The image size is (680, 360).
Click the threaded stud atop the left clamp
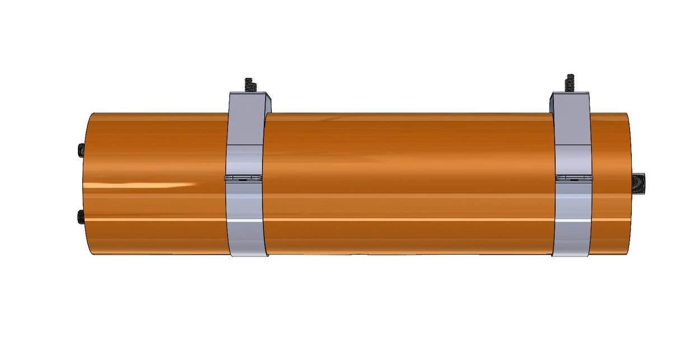[249, 85]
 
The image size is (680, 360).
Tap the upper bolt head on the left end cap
[80, 149]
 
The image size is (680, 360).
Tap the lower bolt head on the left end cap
[80, 217]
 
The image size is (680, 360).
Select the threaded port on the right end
[639, 184]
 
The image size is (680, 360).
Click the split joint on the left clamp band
[245, 178]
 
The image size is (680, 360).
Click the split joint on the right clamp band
[574, 177]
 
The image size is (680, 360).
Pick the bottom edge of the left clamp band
[248, 256]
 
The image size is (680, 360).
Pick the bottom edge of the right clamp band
[571, 256]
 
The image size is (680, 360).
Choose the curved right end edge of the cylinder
[632, 157]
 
